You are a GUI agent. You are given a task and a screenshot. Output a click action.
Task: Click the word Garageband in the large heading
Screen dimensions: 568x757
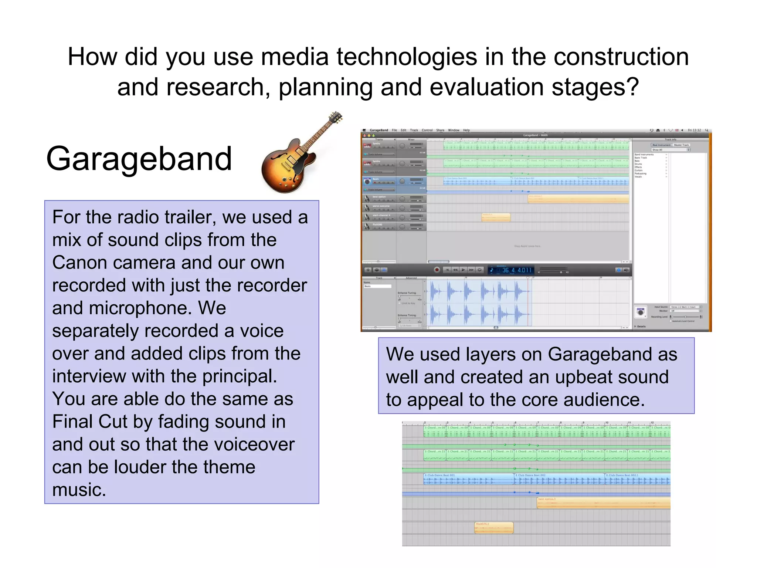click(x=139, y=159)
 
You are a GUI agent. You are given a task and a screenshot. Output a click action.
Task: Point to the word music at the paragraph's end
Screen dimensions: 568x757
click(x=79, y=490)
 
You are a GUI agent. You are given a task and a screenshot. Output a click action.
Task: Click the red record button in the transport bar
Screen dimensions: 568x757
click(x=437, y=270)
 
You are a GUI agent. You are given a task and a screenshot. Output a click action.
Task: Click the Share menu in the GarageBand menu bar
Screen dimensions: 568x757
click(x=440, y=130)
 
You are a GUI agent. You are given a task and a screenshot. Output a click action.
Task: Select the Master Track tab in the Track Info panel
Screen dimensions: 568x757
click(x=681, y=145)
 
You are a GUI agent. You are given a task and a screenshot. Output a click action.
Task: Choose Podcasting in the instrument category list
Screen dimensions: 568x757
click(x=640, y=173)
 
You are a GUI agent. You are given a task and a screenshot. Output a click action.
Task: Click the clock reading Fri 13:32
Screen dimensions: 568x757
click(x=694, y=130)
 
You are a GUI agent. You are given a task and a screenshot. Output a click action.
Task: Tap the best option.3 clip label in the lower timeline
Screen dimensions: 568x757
click(x=547, y=499)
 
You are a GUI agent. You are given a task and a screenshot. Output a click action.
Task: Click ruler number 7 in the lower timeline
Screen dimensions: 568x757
click(x=538, y=423)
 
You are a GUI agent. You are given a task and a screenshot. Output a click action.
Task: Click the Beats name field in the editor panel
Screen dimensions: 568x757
click(x=377, y=286)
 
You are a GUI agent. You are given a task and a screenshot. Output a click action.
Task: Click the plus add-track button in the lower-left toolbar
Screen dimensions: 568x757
click(x=368, y=270)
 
